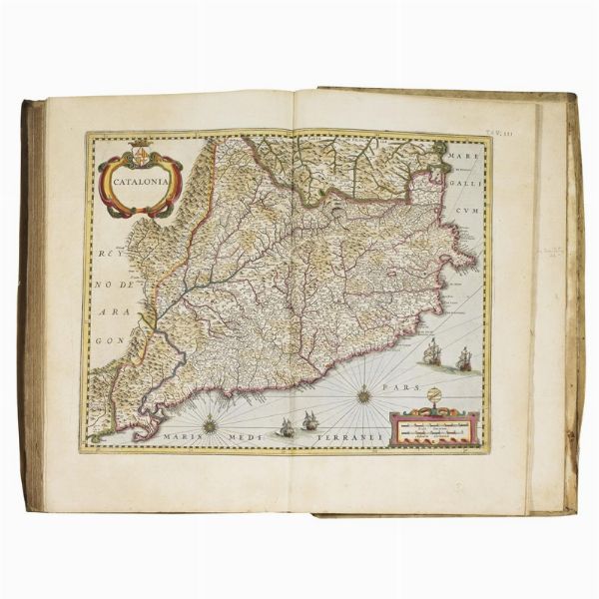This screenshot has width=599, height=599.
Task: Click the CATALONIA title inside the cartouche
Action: [x=141, y=183]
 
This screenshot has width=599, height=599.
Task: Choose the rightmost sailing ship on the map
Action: [x=463, y=357]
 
